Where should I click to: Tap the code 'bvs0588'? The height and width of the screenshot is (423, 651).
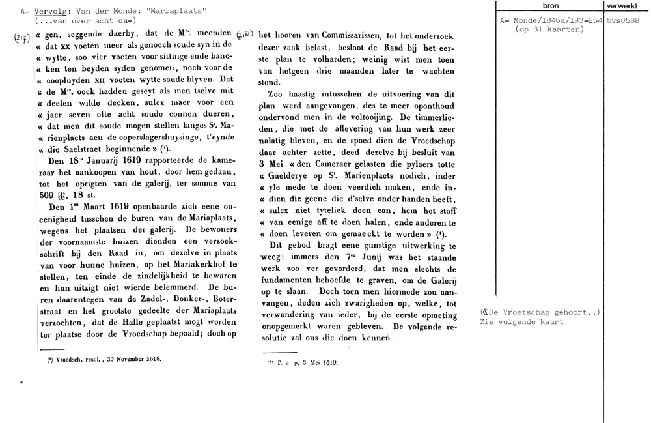(624, 21)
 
